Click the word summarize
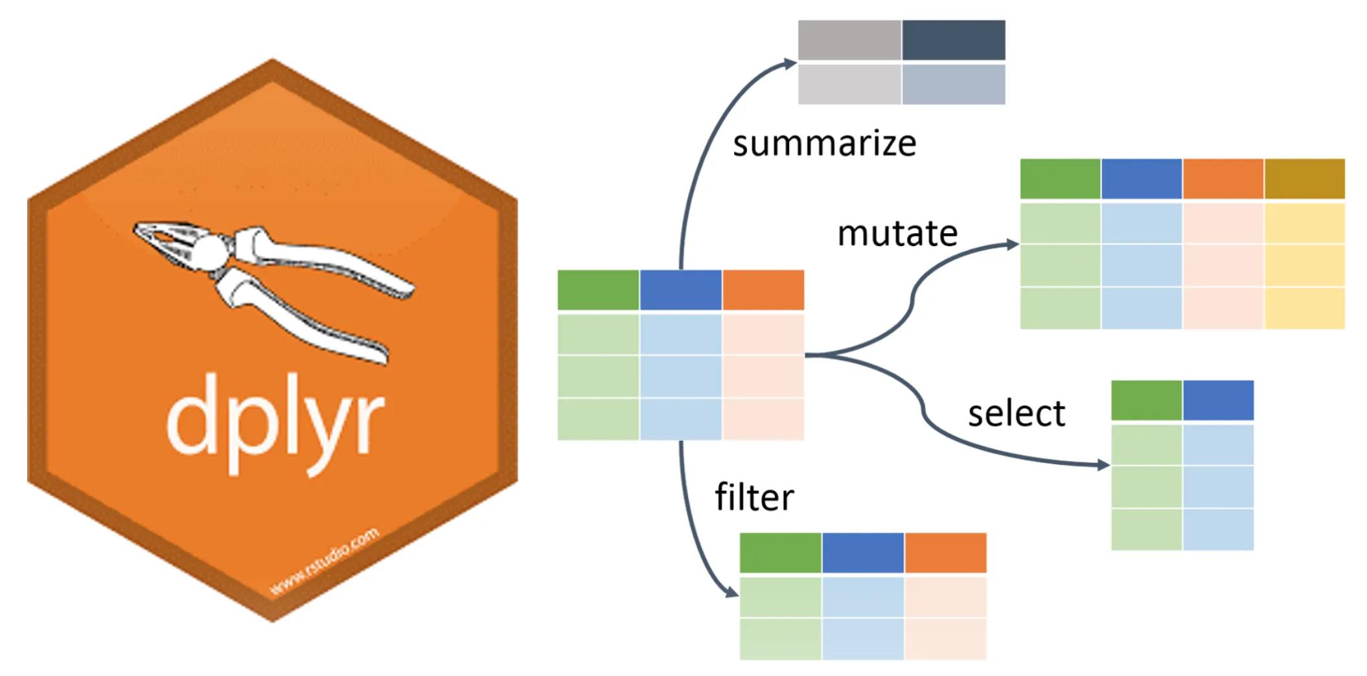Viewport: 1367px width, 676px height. [824, 144]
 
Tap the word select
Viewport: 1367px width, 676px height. [1016, 413]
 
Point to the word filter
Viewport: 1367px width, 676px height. [754, 497]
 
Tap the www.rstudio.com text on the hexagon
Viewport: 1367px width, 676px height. [324, 562]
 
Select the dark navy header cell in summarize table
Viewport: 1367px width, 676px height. [953, 40]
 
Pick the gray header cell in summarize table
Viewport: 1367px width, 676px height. [849, 40]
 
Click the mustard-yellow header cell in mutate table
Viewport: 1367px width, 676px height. [1304, 179]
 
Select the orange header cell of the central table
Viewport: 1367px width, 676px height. [763, 290]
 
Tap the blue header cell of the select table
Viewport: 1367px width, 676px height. [1218, 400]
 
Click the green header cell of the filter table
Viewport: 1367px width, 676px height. [780, 553]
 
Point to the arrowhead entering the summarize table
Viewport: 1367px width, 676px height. [790, 63]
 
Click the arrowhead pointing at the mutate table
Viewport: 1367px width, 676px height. [1013, 244]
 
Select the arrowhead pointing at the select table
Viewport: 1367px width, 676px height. [1103, 464]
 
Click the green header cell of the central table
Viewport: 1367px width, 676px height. [598, 290]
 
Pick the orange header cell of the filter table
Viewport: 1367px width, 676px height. [945, 553]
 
